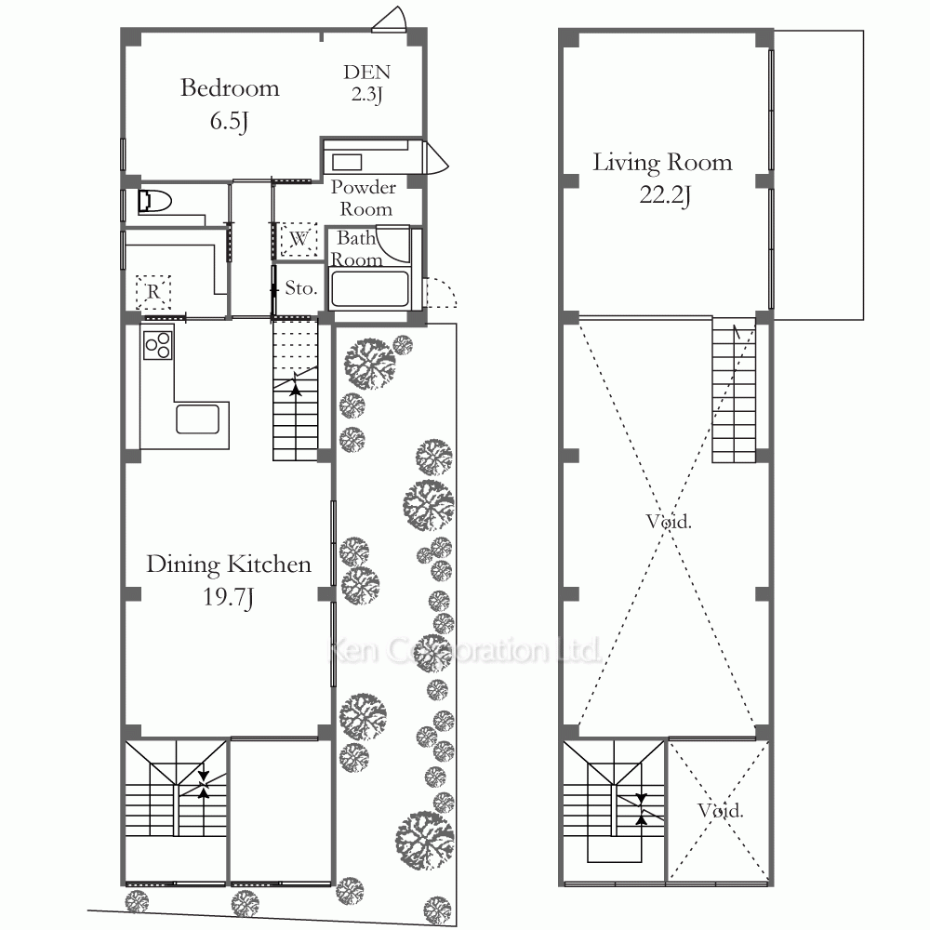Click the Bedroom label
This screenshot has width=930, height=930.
coord(230,88)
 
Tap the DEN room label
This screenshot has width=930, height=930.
coord(366,73)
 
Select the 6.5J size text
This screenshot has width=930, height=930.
coord(229,121)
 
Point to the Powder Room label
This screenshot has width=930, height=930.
coord(364,198)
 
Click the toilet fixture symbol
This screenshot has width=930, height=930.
coord(154,202)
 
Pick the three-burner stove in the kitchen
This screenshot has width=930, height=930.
coord(158,344)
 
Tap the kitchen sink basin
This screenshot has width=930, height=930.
coord(197,419)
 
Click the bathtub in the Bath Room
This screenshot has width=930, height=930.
coord(369,289)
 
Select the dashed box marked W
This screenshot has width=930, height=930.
coord(299,240)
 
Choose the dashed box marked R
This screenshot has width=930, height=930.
coord(153,292)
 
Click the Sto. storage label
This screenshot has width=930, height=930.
coord(300,288)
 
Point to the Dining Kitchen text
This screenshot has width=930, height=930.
coord(229,565)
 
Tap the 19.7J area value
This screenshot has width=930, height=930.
coord(229,597)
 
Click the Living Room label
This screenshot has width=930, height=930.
coord(662,163)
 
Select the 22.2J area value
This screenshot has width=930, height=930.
coord(665,195)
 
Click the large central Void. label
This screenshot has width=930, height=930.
coord(669,522)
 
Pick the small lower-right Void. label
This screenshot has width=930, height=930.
coord(720,811)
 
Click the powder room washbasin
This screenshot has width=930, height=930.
coord(347,163)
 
